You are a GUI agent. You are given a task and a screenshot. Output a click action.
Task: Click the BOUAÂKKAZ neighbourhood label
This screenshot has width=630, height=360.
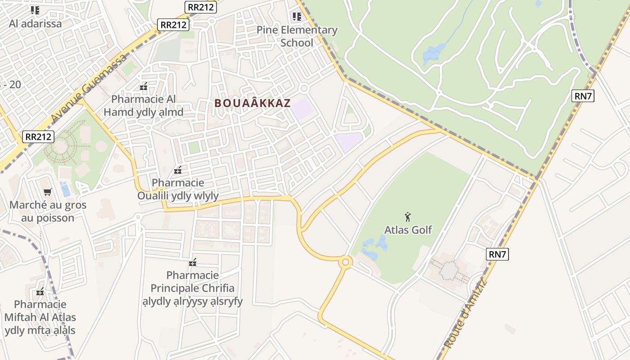pos(252,103)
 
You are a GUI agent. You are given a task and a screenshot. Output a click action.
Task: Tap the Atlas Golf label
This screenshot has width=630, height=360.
pos(408,230)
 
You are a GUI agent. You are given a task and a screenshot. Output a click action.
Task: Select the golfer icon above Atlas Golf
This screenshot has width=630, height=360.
pos(408,217)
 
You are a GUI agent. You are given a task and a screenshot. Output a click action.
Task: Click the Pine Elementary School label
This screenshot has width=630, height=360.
pos(297,36)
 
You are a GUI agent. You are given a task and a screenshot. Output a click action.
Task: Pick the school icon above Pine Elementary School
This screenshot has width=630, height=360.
pos(297,17)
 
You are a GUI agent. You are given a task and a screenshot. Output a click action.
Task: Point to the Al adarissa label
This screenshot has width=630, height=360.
pos(35,24)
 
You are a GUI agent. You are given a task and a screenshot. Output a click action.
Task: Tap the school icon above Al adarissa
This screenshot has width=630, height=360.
pos(35,10)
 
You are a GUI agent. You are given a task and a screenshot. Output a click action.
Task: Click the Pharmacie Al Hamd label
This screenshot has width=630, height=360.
pos(144,105)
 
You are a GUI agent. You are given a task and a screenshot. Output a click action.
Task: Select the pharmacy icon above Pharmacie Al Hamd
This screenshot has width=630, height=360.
pos(144,86)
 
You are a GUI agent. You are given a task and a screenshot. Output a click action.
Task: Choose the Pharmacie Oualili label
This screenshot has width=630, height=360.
pos(178,189)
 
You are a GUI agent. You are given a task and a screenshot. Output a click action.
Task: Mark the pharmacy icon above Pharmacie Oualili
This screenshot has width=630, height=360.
pos(178,170)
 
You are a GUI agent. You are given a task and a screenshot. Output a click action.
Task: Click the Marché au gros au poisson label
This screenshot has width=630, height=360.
pos(48,211)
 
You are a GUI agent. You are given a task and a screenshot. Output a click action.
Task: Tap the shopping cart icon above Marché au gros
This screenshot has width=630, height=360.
pos(48,192)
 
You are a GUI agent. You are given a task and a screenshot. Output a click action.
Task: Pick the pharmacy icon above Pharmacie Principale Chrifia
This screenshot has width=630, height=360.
pos(193,262)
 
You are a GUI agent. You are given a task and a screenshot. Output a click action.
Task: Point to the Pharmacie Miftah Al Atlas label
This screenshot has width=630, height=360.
pos(40,317)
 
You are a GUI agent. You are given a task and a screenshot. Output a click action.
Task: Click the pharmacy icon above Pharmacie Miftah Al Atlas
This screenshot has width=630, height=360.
pos(40,292)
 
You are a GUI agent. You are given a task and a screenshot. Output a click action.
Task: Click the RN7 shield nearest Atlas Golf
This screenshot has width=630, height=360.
pos(498,254)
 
